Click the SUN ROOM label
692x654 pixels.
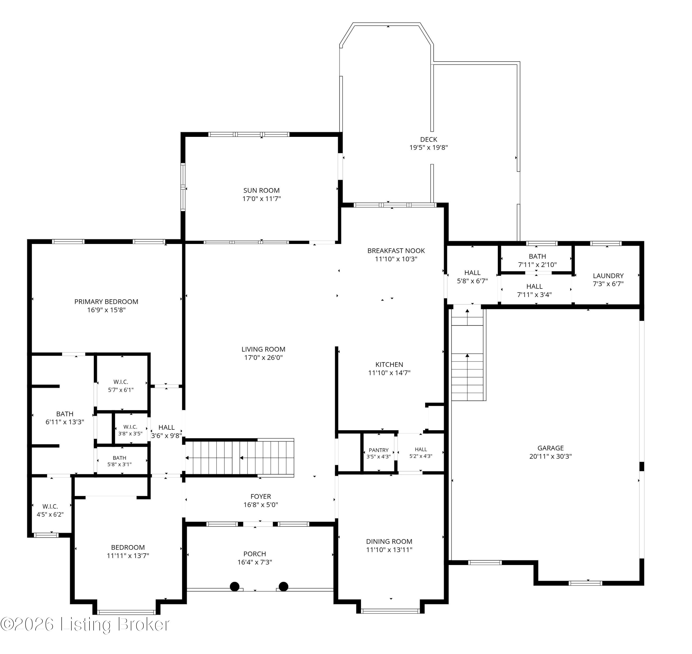261,190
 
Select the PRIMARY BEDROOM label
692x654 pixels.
106,302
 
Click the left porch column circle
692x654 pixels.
235,586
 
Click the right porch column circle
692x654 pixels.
284,586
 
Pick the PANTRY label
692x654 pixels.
378,450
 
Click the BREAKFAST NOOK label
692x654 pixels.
396,251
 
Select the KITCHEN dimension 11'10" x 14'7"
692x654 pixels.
389,373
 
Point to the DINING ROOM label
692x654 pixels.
389,541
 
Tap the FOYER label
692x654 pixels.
261,496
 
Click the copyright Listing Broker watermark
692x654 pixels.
85,624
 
